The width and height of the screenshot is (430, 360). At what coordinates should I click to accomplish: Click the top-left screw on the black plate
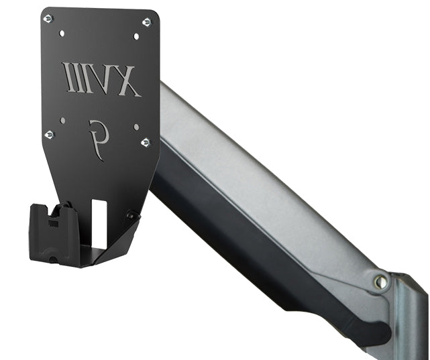coord(48,19)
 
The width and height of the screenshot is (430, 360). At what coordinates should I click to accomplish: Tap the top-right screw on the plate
coord(146,22)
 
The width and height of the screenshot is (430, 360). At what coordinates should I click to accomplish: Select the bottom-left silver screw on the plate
coord(48,135)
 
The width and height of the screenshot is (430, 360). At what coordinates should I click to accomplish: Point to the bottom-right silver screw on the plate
coord(145,142)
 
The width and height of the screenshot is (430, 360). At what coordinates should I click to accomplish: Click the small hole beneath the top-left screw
coord(62,32)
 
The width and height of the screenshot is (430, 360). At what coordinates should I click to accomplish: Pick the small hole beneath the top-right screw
coord(136,36)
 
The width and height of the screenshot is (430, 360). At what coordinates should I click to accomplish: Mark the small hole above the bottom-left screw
coord(62,121)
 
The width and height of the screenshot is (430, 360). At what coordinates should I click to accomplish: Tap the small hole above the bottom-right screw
coord(136,126)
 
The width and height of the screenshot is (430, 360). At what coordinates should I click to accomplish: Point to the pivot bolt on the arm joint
coord(380,282)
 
